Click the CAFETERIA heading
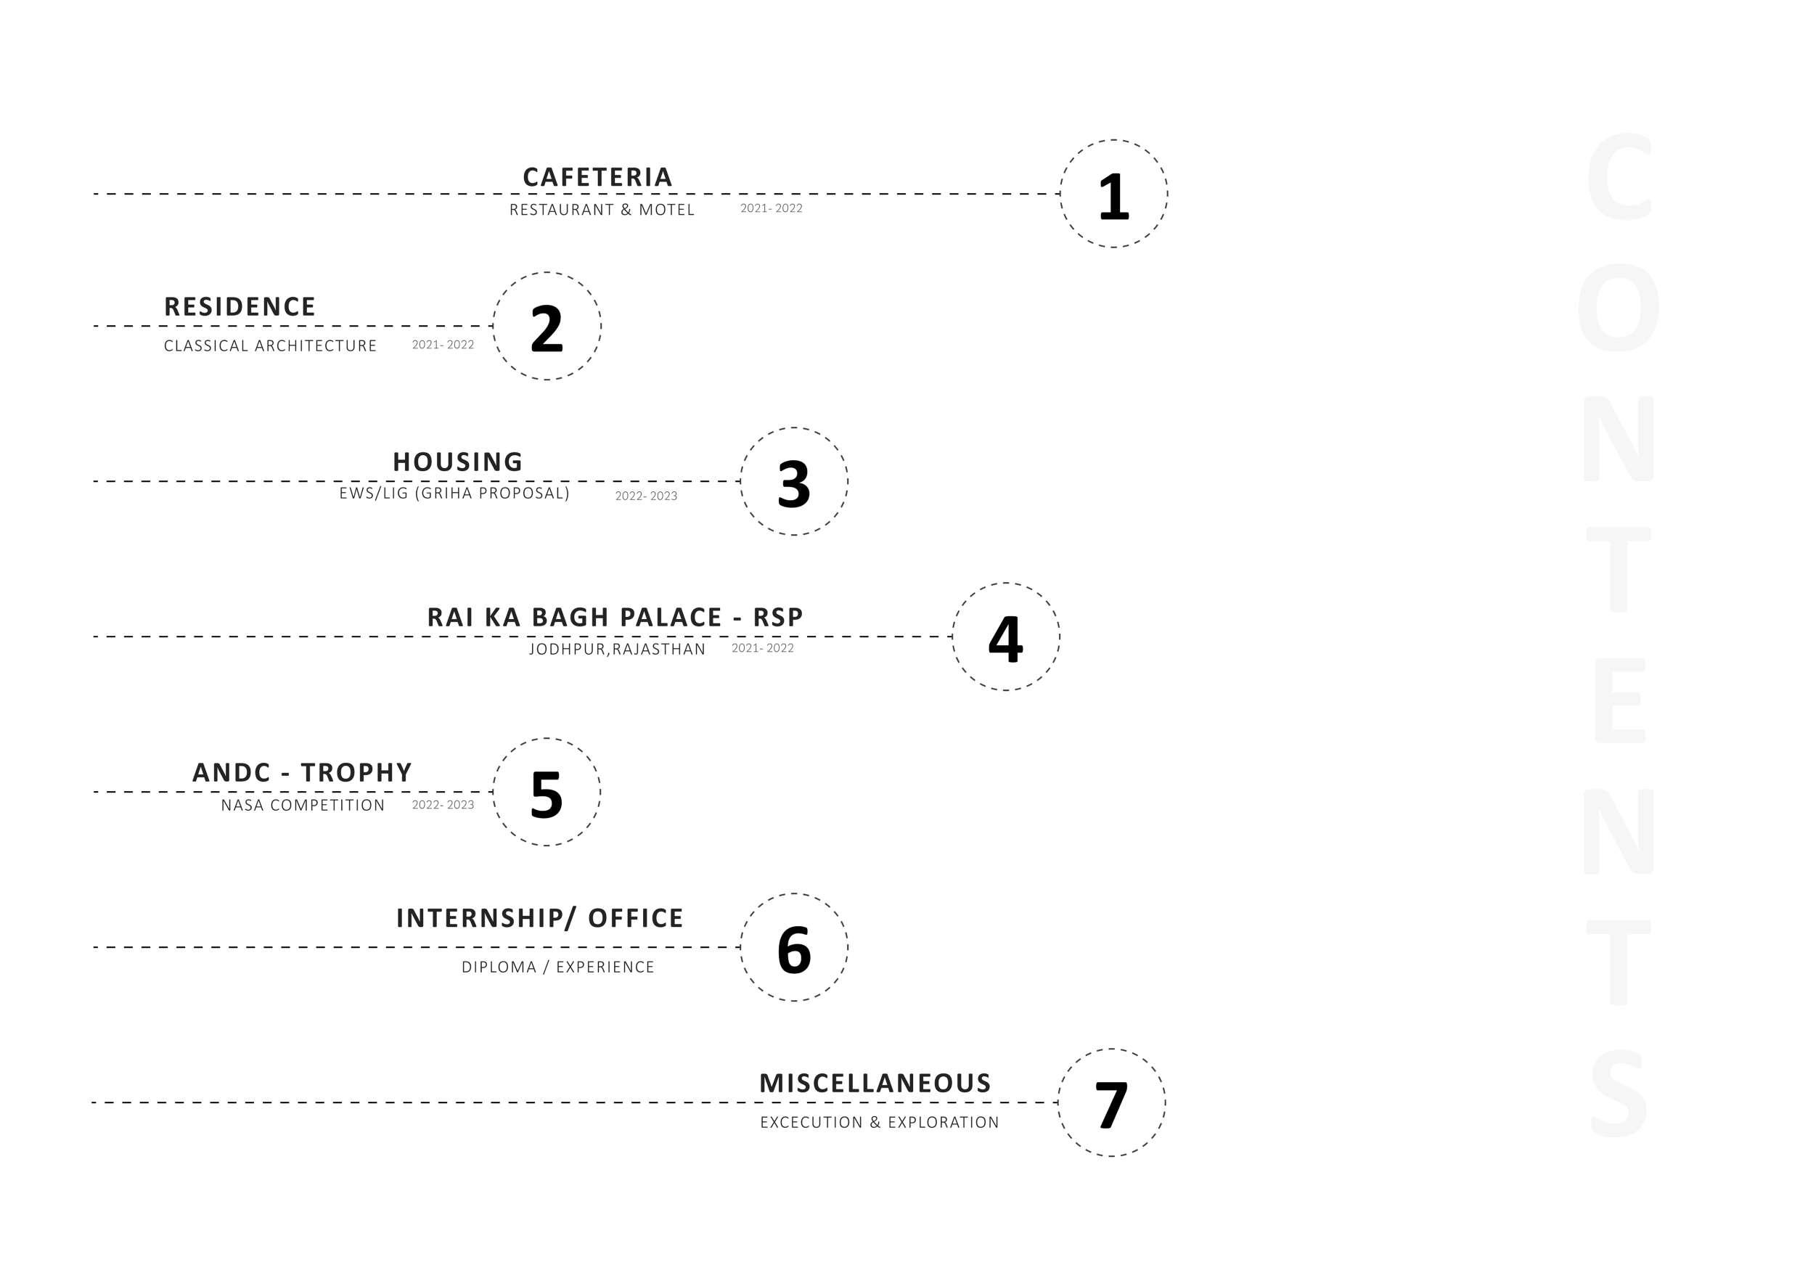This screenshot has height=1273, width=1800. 597,177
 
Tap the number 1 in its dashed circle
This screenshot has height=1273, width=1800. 1113,196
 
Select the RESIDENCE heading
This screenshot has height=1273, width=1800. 240,306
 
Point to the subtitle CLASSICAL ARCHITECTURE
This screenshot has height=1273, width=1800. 271,345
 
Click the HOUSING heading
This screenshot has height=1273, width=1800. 458,462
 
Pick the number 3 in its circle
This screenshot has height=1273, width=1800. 793,483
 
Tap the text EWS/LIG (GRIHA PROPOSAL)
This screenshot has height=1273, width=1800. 454,493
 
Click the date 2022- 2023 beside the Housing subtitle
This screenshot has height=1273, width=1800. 646,496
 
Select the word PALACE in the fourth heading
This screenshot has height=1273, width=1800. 671,617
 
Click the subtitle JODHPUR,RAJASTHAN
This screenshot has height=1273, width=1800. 617,649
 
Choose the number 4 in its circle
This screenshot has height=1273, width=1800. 1005,639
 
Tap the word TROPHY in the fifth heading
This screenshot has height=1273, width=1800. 356,772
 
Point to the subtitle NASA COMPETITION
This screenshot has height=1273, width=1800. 303,805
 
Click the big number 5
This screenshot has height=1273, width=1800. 547,794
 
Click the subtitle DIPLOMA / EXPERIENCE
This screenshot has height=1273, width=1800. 557,967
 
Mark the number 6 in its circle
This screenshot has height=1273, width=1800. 793,949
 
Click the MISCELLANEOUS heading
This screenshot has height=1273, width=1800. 875,1084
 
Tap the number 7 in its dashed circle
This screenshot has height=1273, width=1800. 1111,1105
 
